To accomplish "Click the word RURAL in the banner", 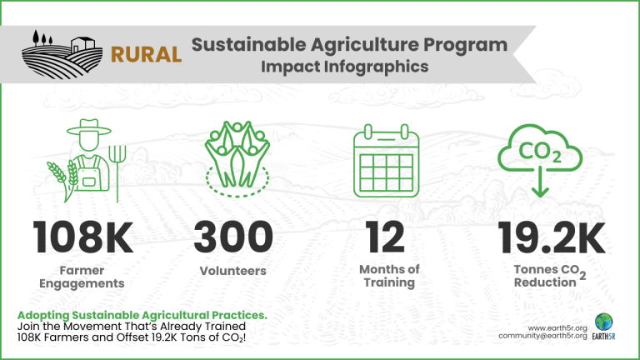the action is pyautogui.click(x=146, y=55).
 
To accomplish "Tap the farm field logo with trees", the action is pyautogui.click(x=62, y=54).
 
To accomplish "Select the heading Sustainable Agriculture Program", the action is pyautogui.click(x=349, y=45).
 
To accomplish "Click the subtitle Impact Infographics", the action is pyautogui.click(x=345, y=67).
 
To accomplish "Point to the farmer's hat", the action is pyautogui.click(x=89, y=127).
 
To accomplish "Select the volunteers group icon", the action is pyautogui.click(x=237, y=159).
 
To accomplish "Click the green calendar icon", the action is pyautogui.click(x=386, y=161).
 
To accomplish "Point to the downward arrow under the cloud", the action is pyautogui.click(x=540, y=182).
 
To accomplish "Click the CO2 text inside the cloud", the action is pyautogui.click(x=539, y=152).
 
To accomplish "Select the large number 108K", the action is pyautogui.click(x=82, y=237).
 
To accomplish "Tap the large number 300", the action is pyautogui.click(x=233, y=237).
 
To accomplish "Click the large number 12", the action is pyautogui.click(x=385, y=237).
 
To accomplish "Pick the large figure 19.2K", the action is pyautogui.click(x=551, y=237).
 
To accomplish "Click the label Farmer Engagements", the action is pyautogui.click(x=82, y=277).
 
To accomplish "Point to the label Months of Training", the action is pyautogui.click(x=389, y=276).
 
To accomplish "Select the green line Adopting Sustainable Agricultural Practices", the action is pyautogui.click(x=142, y=315).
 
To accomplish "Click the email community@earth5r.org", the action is pyautogui.click(x=542, y=336).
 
